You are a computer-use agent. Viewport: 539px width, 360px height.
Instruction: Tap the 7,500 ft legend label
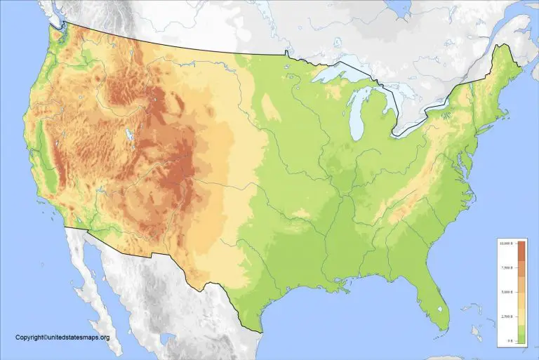click(x=505, y=267)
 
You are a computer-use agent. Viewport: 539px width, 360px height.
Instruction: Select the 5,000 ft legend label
click(x=505, y=291)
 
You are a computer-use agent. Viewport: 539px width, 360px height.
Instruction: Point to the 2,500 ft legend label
click(x=505, y=316)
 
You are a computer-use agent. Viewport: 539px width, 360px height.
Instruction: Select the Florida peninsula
click(x=436, y=302)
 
